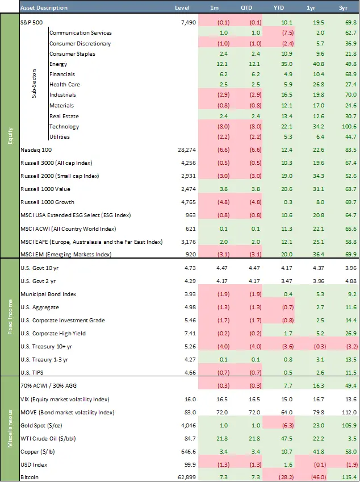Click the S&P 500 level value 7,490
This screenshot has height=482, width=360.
[189, 22]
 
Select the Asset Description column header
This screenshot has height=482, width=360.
[44, 8]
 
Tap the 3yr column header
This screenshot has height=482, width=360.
[343, 8]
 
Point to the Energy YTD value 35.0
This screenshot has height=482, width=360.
[287, 64]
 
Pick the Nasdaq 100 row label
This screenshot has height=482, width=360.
[36, 150]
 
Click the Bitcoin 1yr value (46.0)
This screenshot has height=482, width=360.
[318, 477]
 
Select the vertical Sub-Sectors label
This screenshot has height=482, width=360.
[34, 84]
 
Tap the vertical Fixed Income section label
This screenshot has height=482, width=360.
[10, 317]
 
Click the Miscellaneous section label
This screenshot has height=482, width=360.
[10, 428]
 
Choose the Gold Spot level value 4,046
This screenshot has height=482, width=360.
[189, 426]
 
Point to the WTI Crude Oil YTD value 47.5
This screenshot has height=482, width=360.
[287, 439]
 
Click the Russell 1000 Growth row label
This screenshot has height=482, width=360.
[47, 202]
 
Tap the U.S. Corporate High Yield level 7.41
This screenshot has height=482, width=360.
[190, 334]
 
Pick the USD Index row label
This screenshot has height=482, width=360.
[34, 465]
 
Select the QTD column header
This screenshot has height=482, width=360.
[246, 8]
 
